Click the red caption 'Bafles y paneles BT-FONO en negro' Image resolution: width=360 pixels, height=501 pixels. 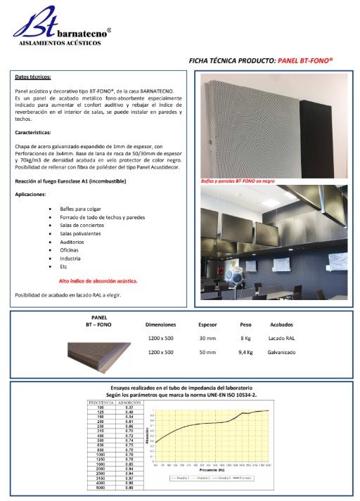click(x=238, y=181)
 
